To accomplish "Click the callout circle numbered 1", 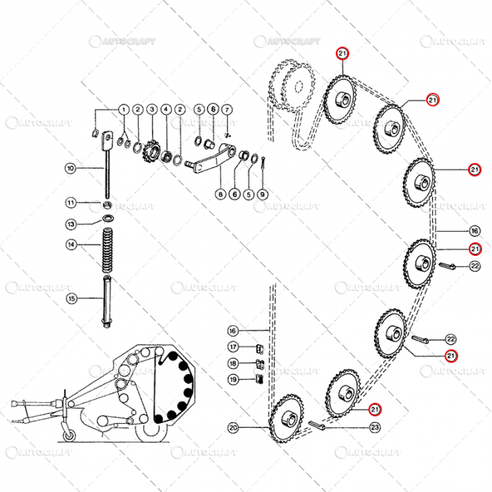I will pos(123,110).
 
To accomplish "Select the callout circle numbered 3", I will pos(152,110).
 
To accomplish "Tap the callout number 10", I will pos(71,169).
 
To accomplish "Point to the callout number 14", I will pos(71,245).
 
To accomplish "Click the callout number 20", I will pos(233,427).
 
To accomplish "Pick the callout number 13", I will pos(71,224).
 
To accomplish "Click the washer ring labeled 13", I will pos(109,219).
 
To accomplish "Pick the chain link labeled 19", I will pos(257,381).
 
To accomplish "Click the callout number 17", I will pos(233,347).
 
